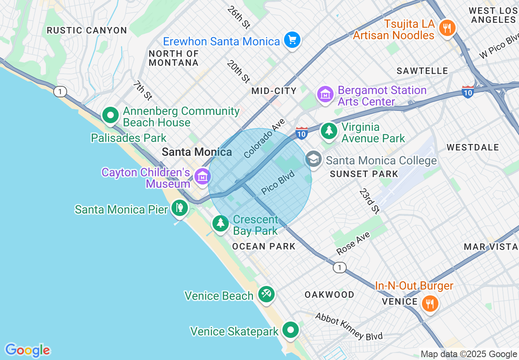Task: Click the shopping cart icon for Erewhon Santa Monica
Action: coord(292,40)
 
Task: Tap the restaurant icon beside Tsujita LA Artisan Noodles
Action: coord(447,28)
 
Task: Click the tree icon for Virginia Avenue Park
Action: coord(329,131)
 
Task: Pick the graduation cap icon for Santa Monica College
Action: coord(314,160)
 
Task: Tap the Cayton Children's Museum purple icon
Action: coord(202,176)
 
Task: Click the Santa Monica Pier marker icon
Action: coord(179,208)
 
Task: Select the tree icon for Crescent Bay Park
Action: coord(221,223)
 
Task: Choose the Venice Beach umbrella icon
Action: coord(266,294)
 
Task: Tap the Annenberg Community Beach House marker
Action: coord(110,115)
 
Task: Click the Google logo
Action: coord(27,350)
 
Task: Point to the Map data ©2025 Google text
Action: coord(469,354)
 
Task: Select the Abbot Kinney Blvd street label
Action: coord(349,326)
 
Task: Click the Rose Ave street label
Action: coord(353,243)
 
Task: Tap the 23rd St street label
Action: coord(370,201)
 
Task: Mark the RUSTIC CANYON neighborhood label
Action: coord(87,30)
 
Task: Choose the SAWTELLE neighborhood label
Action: coord(422,71)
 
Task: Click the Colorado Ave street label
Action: coord(264,139)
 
